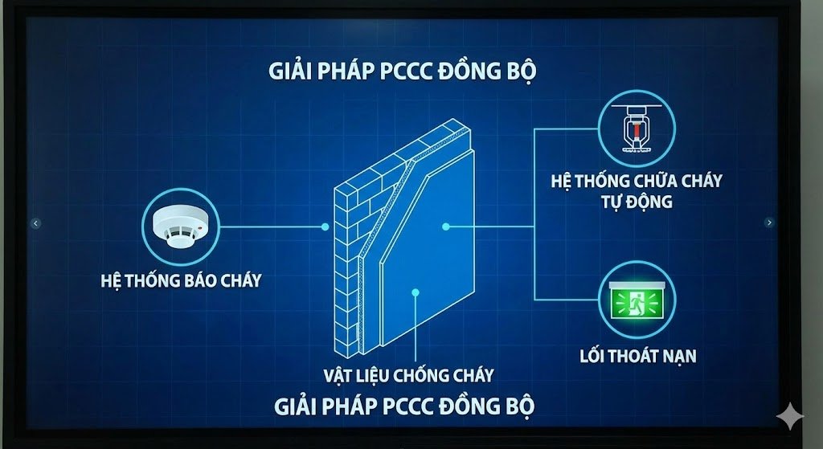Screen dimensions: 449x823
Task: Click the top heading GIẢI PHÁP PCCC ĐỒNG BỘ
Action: click(403, 71)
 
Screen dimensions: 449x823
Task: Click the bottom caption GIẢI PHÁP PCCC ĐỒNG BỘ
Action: click(404, 405)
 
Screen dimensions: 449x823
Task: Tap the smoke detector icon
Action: click(181, 227)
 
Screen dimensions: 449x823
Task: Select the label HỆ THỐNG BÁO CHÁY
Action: click(181, 280)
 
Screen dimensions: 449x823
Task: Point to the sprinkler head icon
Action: click(637, 129)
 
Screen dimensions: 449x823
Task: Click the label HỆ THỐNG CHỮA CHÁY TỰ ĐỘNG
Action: click(637, 190)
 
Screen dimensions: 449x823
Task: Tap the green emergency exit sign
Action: click(637, 302)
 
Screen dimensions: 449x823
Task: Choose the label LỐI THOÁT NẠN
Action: click(637, 355)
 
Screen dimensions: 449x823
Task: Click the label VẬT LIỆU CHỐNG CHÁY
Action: click(408, 374)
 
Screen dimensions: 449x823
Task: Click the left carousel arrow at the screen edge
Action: click(35, 223)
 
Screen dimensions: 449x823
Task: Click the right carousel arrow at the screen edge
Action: click(769, 222)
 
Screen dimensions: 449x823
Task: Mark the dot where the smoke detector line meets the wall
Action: click(325, 227)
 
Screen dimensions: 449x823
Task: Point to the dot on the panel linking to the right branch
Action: click(446, 227)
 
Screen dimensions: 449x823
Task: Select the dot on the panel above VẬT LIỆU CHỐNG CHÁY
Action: click(415, 292)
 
